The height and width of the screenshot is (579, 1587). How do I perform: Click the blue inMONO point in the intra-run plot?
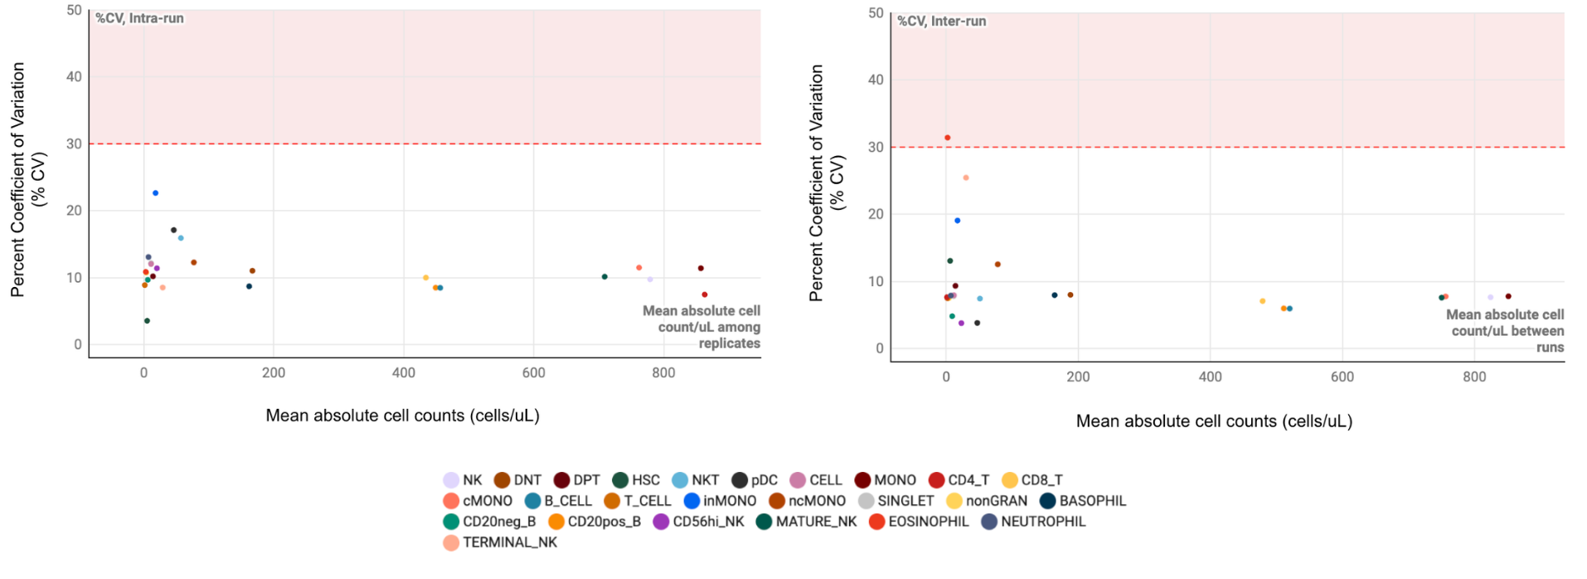coord(155,193)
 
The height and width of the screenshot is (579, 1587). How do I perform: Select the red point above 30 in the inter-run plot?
coord(947,138)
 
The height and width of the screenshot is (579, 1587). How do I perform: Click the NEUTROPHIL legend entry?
coord(1033,522)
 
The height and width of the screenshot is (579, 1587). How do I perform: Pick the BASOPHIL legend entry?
coord(1083,501)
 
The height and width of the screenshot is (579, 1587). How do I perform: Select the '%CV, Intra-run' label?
coord(139,18)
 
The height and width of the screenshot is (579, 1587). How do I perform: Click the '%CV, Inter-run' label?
coord(942,21)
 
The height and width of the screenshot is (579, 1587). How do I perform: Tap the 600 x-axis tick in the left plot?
coord(534,373)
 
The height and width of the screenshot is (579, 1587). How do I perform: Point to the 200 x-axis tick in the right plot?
coord(1078,377)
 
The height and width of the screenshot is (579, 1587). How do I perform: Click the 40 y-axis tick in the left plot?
coord(74,77)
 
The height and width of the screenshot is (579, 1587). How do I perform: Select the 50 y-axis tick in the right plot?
coord(876,13)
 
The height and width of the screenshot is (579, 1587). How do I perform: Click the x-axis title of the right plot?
coord(1214,421)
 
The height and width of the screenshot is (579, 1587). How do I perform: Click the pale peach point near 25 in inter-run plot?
coord(965,178)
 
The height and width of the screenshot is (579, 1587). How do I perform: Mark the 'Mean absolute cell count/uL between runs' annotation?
coord(1506,331)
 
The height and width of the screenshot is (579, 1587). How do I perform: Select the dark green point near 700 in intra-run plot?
coord(604,277)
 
